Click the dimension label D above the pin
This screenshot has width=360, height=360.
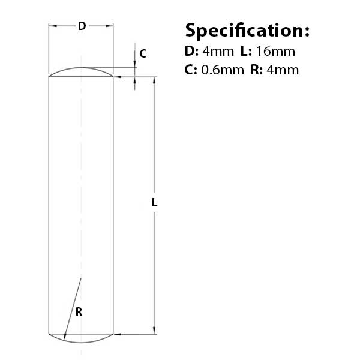click(82, 26)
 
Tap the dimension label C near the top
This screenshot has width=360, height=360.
click(142, 53)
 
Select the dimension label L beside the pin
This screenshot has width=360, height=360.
click(154, 203)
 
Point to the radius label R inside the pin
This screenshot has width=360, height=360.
click(79, 311)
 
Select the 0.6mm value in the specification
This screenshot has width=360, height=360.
click(222, 70)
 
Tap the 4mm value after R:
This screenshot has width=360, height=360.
click(282, 70)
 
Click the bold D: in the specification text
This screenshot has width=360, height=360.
click(191, 51)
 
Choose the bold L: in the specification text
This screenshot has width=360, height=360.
click(246, 51)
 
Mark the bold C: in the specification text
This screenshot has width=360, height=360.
click(191, 70)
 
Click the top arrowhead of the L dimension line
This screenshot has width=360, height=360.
click(155, 80)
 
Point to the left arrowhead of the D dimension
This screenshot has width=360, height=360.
click(52, 26)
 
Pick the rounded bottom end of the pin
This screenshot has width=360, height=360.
click(81, 338)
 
